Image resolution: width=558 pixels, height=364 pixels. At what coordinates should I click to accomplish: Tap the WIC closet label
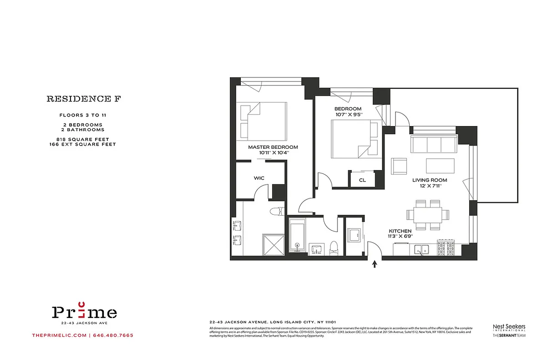click(259, 178)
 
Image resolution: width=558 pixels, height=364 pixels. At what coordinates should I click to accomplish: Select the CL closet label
click(362, 180)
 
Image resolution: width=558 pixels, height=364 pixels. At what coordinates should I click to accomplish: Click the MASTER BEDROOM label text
click(273, 147)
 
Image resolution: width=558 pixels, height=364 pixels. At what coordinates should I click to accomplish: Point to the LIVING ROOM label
click(430, 180)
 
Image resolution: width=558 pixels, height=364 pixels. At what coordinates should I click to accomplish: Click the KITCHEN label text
click(400, 231)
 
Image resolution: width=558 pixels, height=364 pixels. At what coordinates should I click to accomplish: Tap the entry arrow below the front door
click(375, 264)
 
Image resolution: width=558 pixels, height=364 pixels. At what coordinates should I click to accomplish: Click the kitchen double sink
click(423, 249)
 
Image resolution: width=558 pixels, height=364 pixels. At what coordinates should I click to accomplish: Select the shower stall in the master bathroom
click(273, 244)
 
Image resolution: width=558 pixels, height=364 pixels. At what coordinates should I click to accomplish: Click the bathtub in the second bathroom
click(296, 236)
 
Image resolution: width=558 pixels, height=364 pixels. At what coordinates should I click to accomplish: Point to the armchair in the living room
click(399, 166)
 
